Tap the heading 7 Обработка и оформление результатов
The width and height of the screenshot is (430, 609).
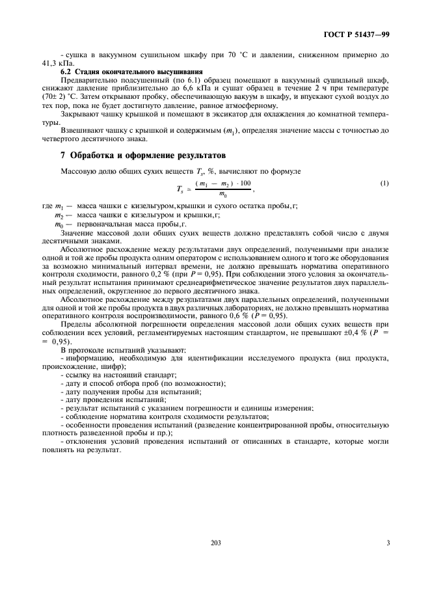tap(133, 156)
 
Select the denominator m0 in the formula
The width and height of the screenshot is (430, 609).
tap(222, 193)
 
